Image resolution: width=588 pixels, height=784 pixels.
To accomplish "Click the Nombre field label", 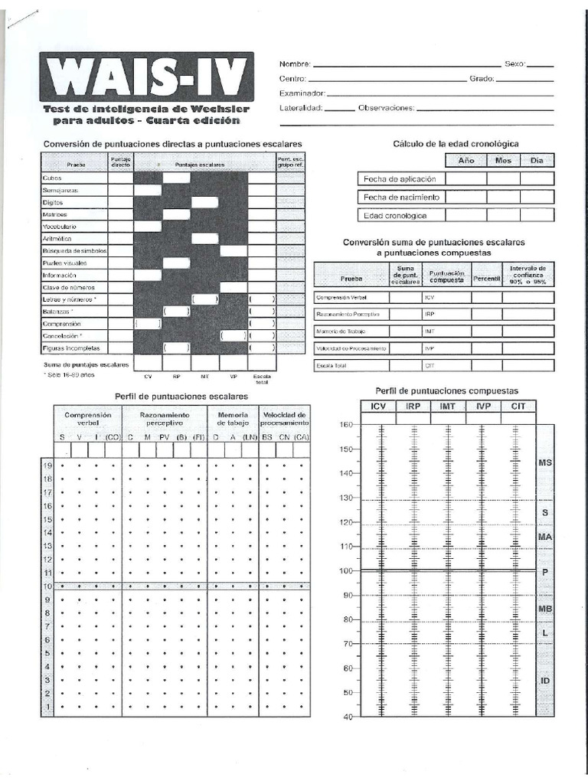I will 296,64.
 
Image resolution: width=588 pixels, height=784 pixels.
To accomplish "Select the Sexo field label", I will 514,64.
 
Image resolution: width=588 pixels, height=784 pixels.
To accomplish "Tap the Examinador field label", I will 302,93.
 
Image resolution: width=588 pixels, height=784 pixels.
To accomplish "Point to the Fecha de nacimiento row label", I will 401,197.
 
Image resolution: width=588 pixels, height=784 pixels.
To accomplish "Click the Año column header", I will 466,161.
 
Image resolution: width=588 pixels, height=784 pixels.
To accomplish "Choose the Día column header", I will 537,161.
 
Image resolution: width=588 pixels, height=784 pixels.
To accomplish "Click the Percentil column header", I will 486,278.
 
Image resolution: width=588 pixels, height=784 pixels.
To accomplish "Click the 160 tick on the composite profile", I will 345,425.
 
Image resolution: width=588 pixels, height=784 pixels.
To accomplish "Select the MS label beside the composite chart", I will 545,463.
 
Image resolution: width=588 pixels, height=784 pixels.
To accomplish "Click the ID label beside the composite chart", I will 545,681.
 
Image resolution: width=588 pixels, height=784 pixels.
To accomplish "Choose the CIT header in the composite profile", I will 518,407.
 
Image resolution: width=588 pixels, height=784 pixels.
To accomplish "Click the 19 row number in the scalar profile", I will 46,465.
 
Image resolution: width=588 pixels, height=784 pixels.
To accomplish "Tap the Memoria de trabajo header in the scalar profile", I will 233,418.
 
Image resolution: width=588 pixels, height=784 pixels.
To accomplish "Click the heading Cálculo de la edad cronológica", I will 456,144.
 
